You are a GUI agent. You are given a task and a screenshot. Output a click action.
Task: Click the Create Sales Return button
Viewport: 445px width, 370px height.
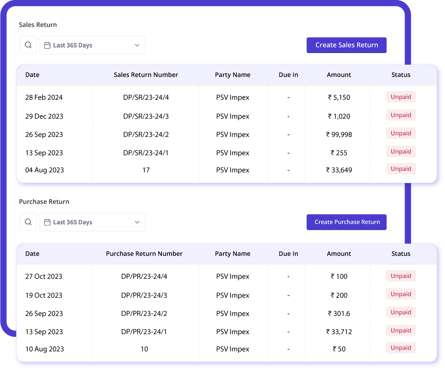coord(347,45)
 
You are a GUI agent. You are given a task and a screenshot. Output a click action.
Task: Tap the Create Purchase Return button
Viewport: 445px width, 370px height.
coord(347,222)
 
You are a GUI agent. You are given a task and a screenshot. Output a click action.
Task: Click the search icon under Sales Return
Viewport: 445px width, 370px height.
coord(28,45)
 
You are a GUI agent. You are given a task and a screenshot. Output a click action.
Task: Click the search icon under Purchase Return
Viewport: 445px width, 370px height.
coord(28,222)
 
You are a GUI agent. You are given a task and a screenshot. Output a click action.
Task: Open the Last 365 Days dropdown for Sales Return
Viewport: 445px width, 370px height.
coord(93,45)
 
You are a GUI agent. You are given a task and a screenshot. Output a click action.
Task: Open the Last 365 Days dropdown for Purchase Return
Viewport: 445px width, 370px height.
coord(93,222)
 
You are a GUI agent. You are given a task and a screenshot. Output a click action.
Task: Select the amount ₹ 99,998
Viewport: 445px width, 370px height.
coord(339,135)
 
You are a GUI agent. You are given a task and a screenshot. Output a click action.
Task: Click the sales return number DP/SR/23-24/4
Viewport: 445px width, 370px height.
coord(146,97)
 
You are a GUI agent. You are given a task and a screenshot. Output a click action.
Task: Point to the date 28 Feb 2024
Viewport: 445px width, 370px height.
coord(44,97)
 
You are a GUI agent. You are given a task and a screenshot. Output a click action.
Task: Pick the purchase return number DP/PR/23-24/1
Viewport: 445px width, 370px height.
coord(144,332)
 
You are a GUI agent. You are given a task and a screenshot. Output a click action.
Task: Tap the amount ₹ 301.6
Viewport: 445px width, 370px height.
coord(339,314)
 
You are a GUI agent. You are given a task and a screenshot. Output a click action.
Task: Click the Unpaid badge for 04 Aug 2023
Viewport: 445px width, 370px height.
coord(401,169)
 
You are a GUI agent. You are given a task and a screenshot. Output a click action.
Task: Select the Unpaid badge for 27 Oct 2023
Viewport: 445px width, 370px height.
coord(401,276)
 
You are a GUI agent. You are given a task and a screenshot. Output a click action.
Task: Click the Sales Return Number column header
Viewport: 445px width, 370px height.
coord(146,75)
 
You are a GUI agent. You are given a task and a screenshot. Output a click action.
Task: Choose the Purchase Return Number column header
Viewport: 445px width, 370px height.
coord(144,254)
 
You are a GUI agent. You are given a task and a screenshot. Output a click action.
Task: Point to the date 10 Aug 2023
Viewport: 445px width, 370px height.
coord(45,349)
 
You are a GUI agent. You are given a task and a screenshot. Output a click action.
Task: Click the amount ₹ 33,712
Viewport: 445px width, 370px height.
coord(339,332)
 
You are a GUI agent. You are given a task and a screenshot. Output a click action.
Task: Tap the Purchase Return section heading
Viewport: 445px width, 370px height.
coord(44,202)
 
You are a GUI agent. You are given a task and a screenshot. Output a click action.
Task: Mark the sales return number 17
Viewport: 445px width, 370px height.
coord(146,170)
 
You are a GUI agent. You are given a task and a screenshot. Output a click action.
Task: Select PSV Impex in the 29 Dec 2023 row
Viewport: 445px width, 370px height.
coord(233,116)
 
